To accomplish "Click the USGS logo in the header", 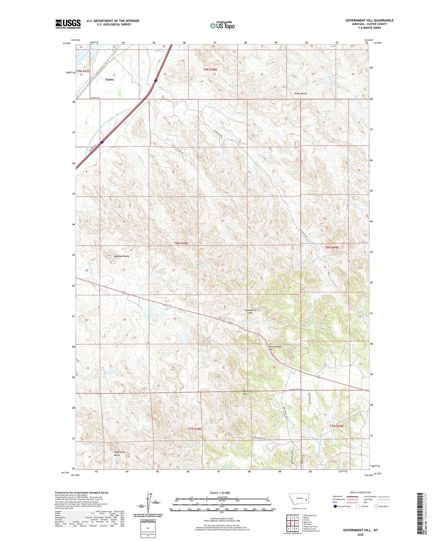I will point(68,24).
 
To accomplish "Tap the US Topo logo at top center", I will point(222,25).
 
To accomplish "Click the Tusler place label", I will point(109,80).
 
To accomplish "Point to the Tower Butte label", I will point(300,93).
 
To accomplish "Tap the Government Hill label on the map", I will point(275,348).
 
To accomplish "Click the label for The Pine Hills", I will point(247,393).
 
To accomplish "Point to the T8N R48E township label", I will point(181,244).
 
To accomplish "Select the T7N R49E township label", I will point(336,426).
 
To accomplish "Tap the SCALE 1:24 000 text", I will point(220,493).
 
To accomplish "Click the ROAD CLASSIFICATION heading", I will point(360,492).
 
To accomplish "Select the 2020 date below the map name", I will point(360,534).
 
